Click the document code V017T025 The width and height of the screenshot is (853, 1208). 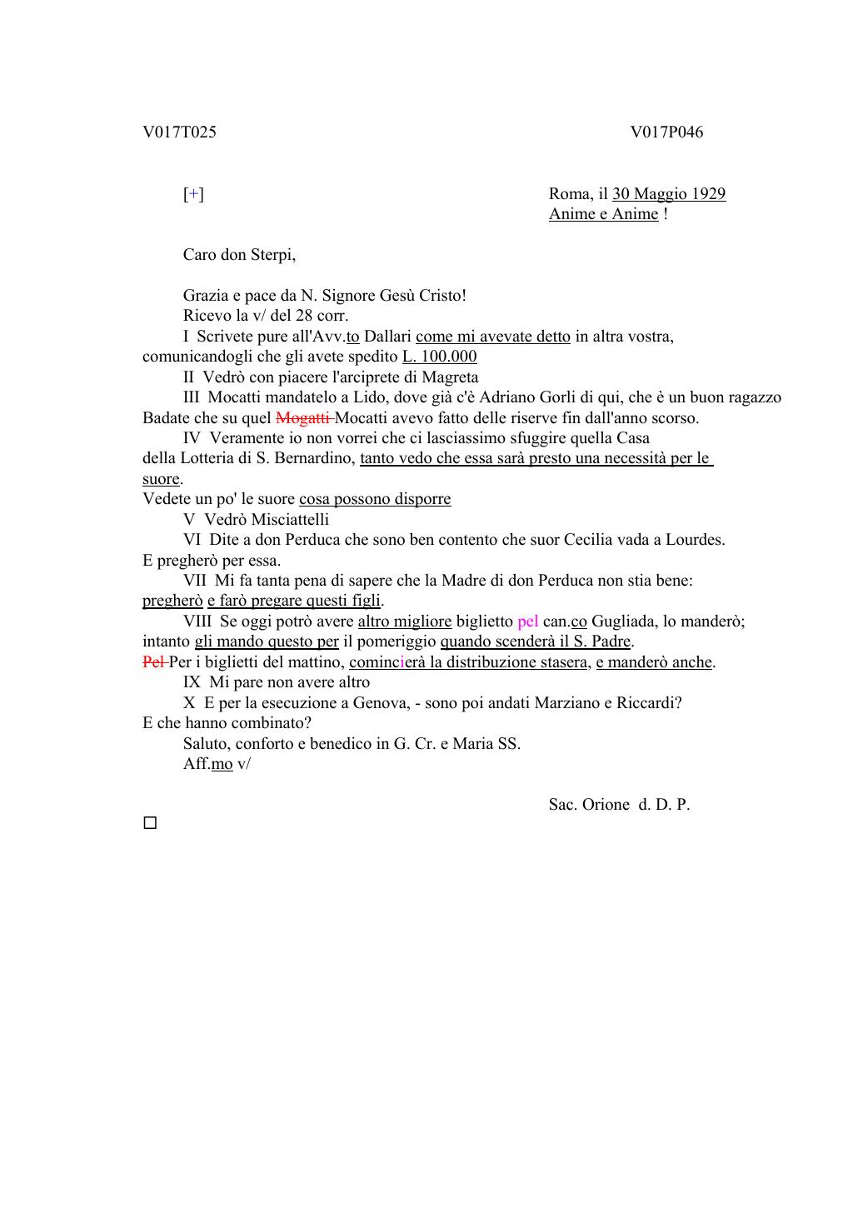pyautogui.click(x=179, y=132)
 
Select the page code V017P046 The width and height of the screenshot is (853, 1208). pyautogui.click(x=666, y=132)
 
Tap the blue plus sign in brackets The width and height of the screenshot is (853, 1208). pyautogui.click(x=193, y=194)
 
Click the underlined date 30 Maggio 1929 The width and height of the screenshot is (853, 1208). pyautogui.click(x=669, y=194)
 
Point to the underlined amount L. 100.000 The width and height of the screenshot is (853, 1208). pyautogui.click(x=439, y=357)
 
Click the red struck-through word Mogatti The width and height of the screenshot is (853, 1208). pyautogui.click(x=303, y=418)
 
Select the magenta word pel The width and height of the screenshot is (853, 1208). pyautogui.click(x=527, y=621)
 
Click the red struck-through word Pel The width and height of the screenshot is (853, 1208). pyautogui.click(x=153, y=662)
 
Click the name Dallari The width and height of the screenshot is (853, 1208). pyautogui.click(x=387, y=337)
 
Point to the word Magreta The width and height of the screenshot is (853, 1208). pyautogui.click(x=450, y=377)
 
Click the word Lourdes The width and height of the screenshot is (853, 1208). pyautogui.click(x=695, y=540)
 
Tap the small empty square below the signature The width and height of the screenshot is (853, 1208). pyautogui.click(x=150, y=823)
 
